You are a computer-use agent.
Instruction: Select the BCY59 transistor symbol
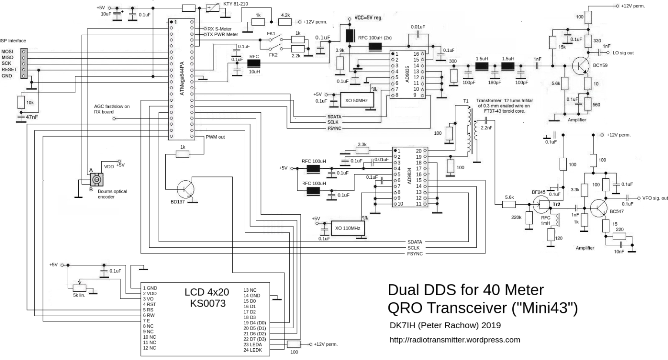click(x=581, y=66)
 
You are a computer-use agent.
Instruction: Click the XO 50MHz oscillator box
click(x=356, y=100)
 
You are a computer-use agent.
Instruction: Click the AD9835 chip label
click(x=407, y=74)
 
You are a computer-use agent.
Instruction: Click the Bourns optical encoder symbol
click(x=97, y=179)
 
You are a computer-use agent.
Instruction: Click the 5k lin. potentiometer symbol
click(x=79, y=287)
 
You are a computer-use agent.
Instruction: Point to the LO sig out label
click(x=623, y=53)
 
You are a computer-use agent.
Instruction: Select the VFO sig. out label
click(x=655, y=198)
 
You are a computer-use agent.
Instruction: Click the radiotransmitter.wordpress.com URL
click(x=454, y=340)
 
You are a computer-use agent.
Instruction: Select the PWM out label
click(x=215, y=137)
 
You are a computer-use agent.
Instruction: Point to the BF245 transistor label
click(x=538, y=192)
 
